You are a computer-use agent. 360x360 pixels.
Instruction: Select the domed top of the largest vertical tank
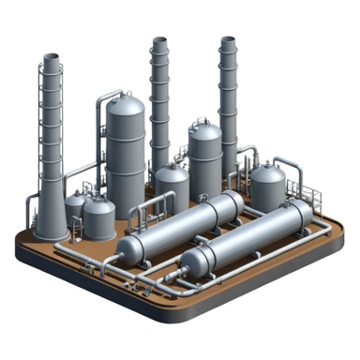tap(125, 103)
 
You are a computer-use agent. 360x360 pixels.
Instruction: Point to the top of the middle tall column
tap(160, 42)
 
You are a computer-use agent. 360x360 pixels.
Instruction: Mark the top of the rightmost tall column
tap(228, 40)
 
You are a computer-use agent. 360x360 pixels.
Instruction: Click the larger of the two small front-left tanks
tap(98, 217)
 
